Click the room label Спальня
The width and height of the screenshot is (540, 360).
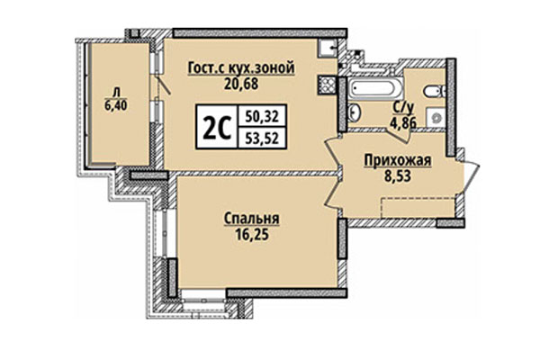(x=252, y=217)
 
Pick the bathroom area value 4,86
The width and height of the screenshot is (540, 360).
(x=402, y=122)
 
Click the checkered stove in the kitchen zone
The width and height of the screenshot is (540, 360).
(x=323, y=84)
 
